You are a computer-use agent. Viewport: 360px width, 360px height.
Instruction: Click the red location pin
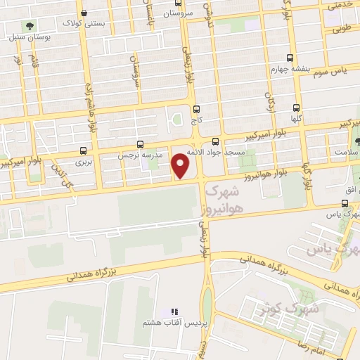(x=181, y=166)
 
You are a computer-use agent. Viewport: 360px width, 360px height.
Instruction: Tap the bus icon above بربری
(x=84, y=150)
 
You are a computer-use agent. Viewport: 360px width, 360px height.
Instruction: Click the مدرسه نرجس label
(x=148, y=153)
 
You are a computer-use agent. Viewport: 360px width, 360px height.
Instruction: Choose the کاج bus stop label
(x=196, y=121)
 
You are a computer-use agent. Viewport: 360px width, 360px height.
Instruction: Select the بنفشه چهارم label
(x=290, y=70)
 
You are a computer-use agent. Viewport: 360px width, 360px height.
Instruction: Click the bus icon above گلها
(x=295, y=108)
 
